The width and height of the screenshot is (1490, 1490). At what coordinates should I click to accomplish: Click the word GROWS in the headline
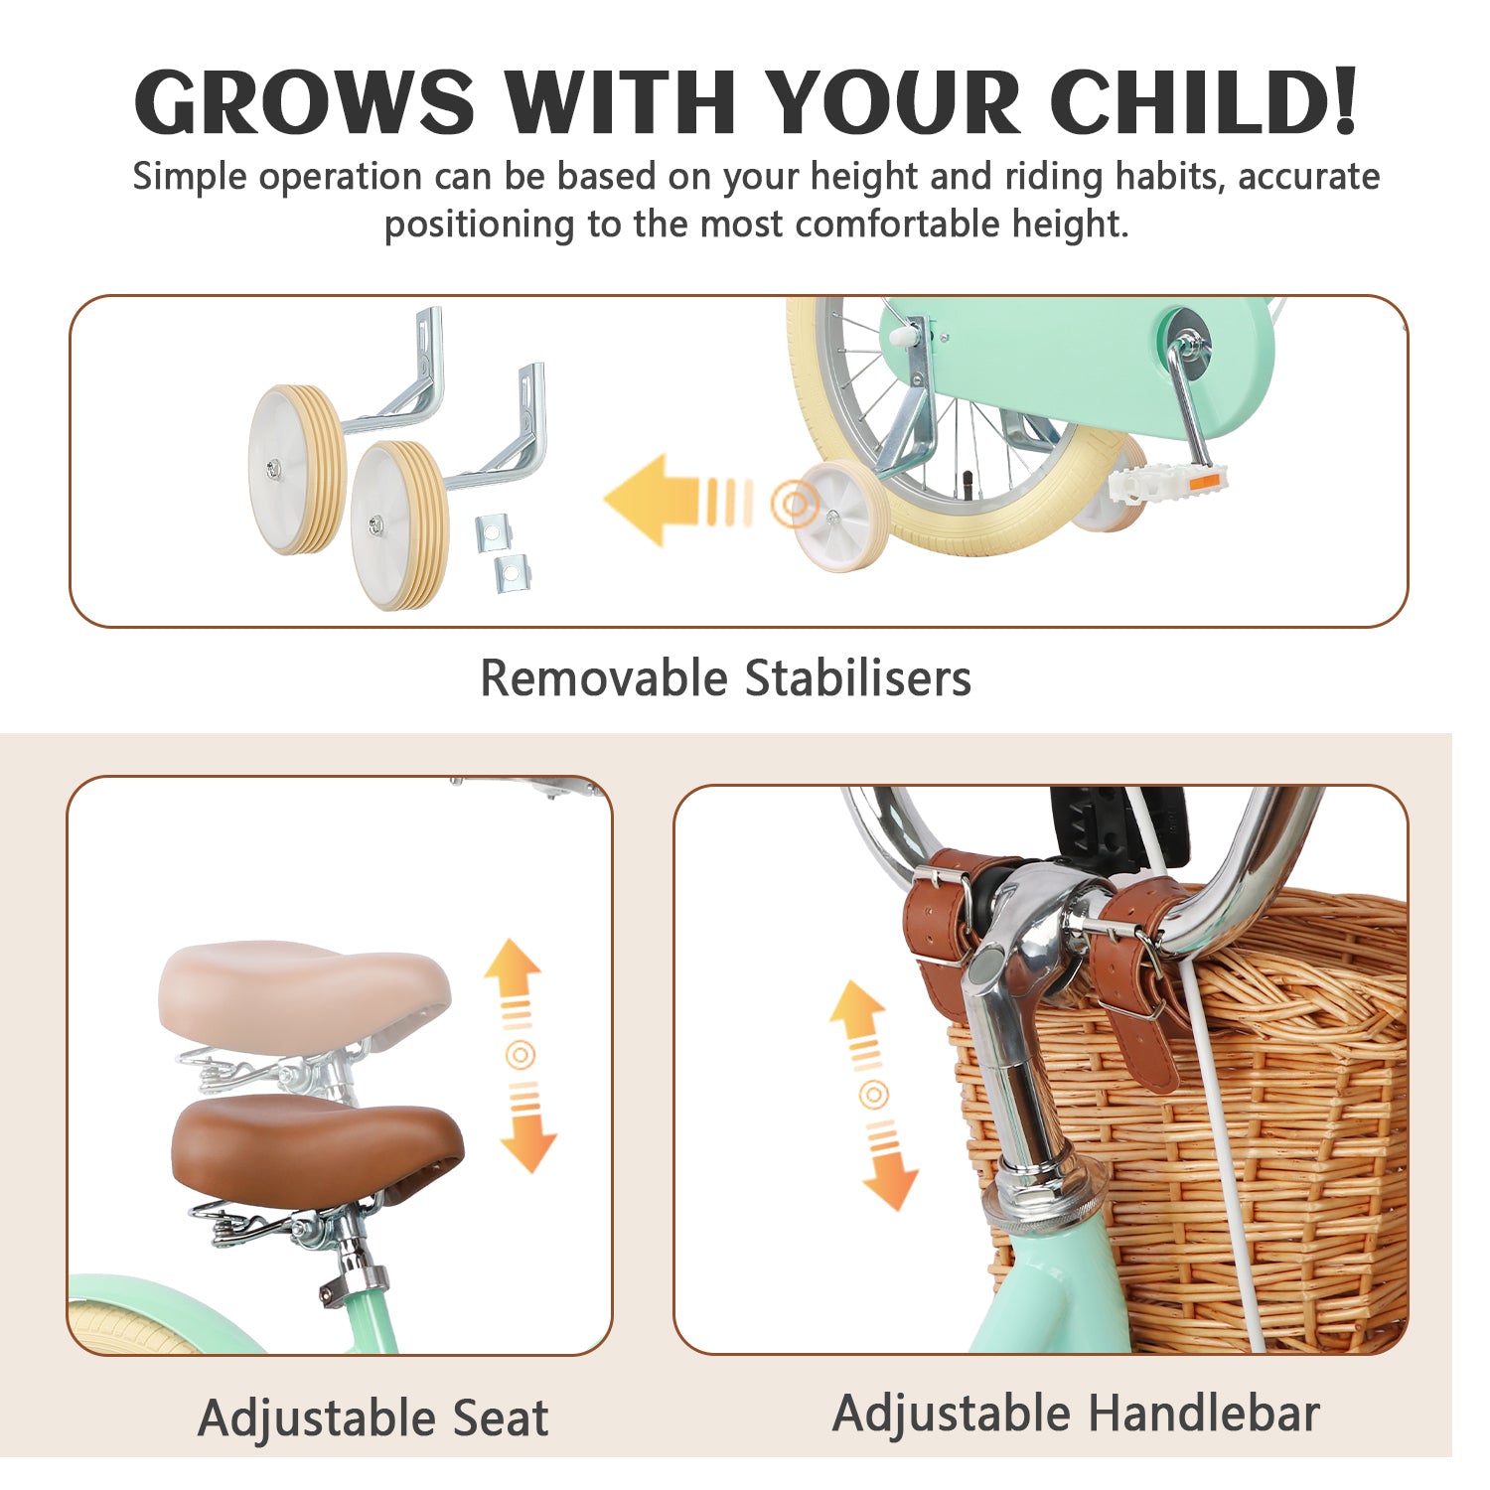tap(305, 101)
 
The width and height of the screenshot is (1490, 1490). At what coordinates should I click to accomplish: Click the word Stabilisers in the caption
tap(858, 678)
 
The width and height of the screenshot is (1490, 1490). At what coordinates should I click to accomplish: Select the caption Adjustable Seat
tap(372, 1417)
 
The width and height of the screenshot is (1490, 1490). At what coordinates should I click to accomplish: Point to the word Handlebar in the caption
tap(1204, 1414)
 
